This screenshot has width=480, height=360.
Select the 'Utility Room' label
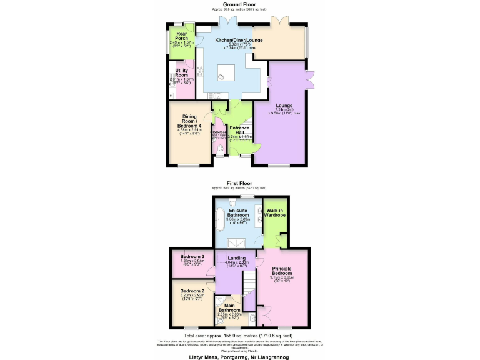click(x=182, y=72)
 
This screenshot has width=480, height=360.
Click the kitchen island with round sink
click(x=223, y=76)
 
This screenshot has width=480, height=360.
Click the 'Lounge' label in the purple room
click(x=284, y=106)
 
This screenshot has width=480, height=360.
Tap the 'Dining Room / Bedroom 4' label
click(x=189, y=121)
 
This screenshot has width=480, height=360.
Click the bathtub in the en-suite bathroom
click(x=219, y=220)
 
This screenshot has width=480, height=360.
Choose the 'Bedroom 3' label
click(x=192, y=257)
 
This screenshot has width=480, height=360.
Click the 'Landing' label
click(x=237, y=259)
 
